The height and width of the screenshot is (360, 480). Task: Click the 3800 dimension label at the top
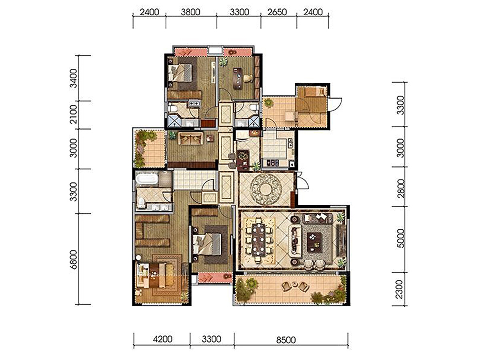tap(190, 12)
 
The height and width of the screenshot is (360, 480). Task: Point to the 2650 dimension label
tap(277, 12)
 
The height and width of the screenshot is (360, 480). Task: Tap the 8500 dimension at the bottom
tap(286, 340)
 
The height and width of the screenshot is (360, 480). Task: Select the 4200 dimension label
tap(163, 339)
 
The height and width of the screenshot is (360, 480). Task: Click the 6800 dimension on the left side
tap(74, 260)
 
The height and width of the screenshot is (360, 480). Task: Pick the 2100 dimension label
tap(74, 114)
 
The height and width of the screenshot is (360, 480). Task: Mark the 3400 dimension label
tap(74, 78)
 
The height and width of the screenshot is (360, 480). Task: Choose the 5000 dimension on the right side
tap(401, 238)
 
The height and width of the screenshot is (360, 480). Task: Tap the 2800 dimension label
tap(401, 188)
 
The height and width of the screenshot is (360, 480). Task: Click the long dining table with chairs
tap(259, 240)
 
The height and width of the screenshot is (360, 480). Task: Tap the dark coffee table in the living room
tap(315, 242)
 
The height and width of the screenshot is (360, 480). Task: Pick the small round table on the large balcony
tap(295, 284)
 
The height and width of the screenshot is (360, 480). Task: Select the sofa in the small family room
tap(190, 138)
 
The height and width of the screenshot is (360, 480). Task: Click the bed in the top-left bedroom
tap(180, 73)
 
